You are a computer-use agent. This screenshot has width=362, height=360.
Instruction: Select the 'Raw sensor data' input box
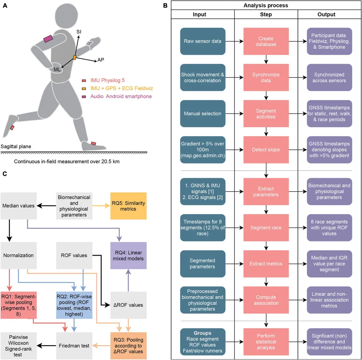coord(203,41)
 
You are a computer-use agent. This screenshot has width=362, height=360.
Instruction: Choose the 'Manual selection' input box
coord(203,113)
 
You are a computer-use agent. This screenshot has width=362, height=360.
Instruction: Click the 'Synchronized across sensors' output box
coord(330,77)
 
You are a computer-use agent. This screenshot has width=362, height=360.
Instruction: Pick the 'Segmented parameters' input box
coord(203,264)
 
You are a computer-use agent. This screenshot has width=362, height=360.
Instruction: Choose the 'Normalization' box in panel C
coord(18,255)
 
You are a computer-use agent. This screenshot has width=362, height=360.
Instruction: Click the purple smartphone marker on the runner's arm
coord(48,39)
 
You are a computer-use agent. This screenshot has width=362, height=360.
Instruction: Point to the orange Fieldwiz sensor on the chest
coord(75,57)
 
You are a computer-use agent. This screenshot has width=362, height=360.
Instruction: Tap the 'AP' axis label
coord(101,60)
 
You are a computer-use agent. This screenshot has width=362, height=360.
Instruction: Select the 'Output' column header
coord(326,14)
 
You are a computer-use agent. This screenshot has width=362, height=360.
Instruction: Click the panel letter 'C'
coord(5,173)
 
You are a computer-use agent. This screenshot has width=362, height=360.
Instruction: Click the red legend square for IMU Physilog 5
coord(84,80)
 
